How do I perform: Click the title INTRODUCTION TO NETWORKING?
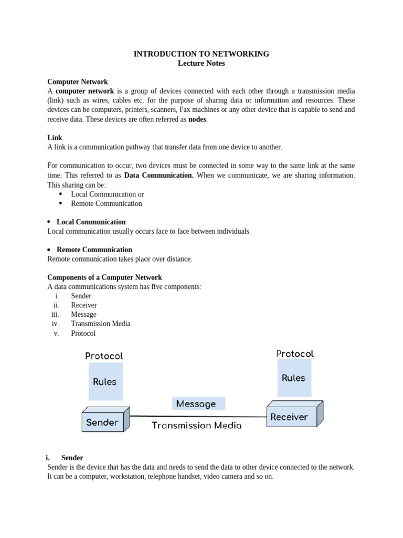click(x=201, y=54)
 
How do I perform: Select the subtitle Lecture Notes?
click(x=201, y=63)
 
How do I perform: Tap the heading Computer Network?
click(x=78, y=81)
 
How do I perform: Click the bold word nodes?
click(x=197, y=119)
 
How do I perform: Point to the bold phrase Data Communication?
click(x=158, y=175)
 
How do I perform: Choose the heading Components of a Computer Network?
click(x=104, y=277)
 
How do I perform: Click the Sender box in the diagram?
click(x=102, y=422)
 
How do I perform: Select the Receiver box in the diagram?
click(x=289, y=417)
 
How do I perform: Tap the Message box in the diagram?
click(x=196, y=403)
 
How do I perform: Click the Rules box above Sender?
click(x=105, y=381)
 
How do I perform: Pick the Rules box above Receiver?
click(x=294, y=378)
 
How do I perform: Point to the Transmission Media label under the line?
click(x=197, y=426)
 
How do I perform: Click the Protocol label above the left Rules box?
click(x=104, y=356)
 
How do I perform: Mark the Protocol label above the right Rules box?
click(x=295, y=354)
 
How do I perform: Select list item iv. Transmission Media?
click(x=101, y=324)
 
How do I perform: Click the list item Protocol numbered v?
click(x=83, y=333)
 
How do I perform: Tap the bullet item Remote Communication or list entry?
click(x=107, y=203)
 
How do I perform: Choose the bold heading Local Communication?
click(x=91, y=222)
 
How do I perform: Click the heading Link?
click(x=55, y=138)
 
